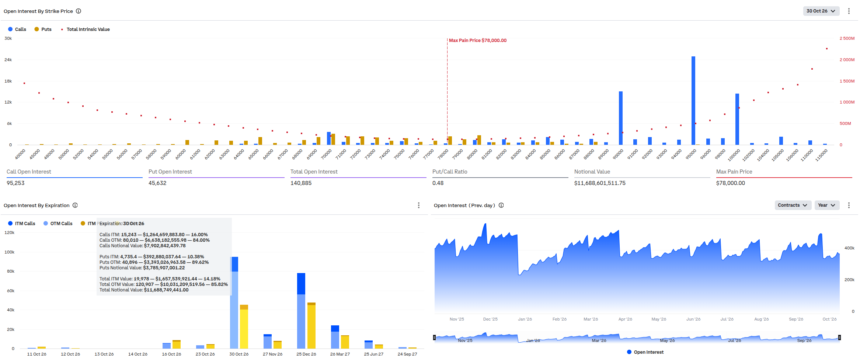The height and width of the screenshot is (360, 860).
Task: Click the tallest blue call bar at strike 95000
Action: (693, 101)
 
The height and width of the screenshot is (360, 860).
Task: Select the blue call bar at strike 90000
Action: (620, 118)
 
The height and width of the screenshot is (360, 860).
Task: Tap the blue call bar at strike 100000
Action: (737, 119)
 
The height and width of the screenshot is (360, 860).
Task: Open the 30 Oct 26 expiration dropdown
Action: (821, 11)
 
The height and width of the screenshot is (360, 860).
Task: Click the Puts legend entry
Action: (43, 29)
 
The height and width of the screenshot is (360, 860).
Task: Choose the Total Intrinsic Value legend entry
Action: (86, 29)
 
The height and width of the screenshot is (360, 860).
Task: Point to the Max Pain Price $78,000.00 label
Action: (477, 41)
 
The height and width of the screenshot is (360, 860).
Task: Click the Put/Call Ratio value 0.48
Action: (438, 183)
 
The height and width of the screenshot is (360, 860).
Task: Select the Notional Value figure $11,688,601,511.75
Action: (600, 183)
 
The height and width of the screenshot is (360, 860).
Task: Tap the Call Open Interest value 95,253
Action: (15, 183)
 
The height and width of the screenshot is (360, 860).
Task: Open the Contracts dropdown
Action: (793, 205)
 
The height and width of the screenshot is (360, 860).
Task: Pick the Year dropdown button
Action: (826, 205)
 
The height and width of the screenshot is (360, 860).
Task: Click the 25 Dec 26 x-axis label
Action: (306, 354)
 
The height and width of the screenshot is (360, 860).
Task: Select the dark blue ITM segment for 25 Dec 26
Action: (301, 284)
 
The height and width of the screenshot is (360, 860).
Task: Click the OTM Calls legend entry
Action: (58, 224)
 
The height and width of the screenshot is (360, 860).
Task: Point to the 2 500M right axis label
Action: (847, 38)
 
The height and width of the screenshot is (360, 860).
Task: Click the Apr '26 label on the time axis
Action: (625, 319)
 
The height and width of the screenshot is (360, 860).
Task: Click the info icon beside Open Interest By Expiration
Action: (75, 205)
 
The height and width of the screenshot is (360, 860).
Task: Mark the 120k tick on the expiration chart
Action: (10, 233)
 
